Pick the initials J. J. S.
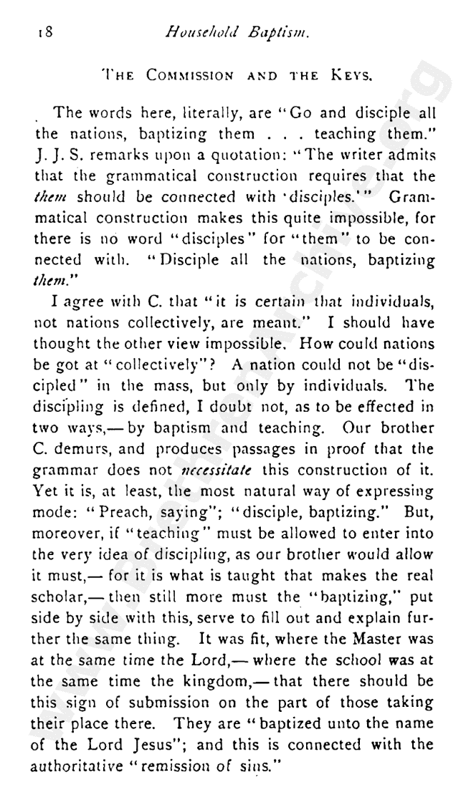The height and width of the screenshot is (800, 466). tap(52, 154)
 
